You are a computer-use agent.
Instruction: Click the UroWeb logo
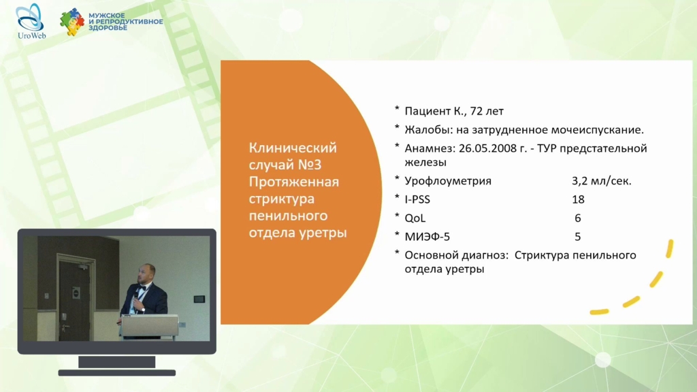click(x=31, y=21)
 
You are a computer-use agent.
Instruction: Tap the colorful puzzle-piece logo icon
click(x=72, y=22)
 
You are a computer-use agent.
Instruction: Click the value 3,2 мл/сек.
click(x=602, y=181)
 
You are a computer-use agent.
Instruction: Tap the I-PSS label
click(x=417, y=199)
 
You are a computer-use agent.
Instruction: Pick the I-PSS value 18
click(x=578, y=199)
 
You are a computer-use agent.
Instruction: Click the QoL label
click(x=415, y=218)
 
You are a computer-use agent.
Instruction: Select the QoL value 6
click(x=578, y=218)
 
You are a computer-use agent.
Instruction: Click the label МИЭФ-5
click(x=427, y=237)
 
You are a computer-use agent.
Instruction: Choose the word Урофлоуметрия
click(x=448, y=181)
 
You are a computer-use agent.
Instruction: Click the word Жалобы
click(x=426, y=130)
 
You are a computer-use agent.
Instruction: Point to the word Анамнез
click(x=428, y=148)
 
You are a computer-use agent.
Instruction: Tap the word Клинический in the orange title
click(x=293, y=148)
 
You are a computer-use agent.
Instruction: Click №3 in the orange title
click(x=310, y=165)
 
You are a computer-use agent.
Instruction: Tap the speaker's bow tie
click(x=142, y=289)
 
